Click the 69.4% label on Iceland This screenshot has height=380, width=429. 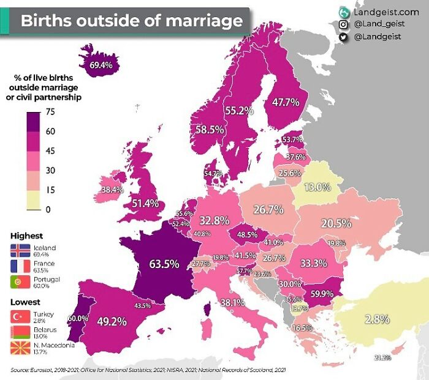click(101, 65)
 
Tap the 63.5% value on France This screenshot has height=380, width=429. click(164, 264)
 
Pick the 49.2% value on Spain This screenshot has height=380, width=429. click(112, 321)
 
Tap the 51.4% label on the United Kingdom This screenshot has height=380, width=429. click(146, 203)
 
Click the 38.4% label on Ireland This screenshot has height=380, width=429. click(112, 190)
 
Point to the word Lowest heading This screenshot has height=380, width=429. click(25, 302)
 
